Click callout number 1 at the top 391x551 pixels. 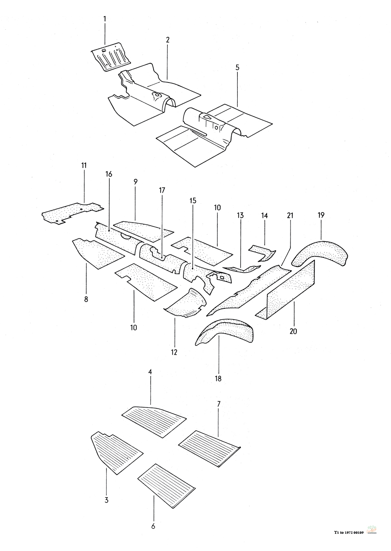[x=104, y=18]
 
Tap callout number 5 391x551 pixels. [x=237, y=68]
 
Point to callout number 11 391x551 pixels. [x=84, y=165]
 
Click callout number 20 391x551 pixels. [x=293, y=331]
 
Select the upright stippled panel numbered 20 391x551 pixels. [x=289, y=289]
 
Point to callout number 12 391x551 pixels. [x=174, y=352]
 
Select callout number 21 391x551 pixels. [x=290, y=215]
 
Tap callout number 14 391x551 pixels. [x=265, y=215]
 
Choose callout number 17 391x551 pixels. [x=162, y=190]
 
